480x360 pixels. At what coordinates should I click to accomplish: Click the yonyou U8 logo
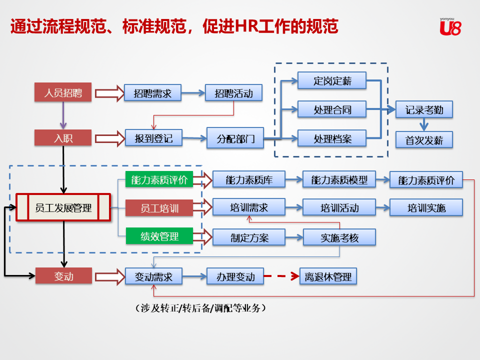[x=450, y=26]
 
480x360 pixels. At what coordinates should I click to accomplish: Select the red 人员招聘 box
[x=63, y=92]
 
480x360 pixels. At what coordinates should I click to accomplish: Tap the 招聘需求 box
[x=153, y=93]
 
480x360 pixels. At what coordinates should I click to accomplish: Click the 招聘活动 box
[x=234, y=93]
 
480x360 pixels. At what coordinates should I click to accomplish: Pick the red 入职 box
[x=63, y=138]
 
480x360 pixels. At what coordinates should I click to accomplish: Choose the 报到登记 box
[x=153, y=138]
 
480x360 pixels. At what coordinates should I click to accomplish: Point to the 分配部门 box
[x=235, y=138]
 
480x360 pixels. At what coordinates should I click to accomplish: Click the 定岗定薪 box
[x=332, y=80]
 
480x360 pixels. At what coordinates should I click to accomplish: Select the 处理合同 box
[x=332, y=109]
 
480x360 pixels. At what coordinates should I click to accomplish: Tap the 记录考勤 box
[x=424, y=109]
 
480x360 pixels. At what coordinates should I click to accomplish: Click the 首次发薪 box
[x=424, y=140]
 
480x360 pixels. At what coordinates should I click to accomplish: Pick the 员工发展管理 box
[x=63, y=207]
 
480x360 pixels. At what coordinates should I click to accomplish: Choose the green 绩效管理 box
[x=159, y=236]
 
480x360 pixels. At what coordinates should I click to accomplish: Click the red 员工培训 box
[x=159, y=208]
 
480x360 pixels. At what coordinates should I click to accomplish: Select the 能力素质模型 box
[x=339, y=179]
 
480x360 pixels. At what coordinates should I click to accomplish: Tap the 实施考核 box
[x=339, y=237]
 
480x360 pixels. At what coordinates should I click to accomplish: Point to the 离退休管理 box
[x=328, y=276]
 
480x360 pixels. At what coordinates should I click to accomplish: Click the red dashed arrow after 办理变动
[x=281, y=276]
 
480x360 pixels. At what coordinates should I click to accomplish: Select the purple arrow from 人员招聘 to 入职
[x=63, y=115]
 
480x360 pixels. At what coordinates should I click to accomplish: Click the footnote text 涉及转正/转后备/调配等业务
[x=200, y=308]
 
